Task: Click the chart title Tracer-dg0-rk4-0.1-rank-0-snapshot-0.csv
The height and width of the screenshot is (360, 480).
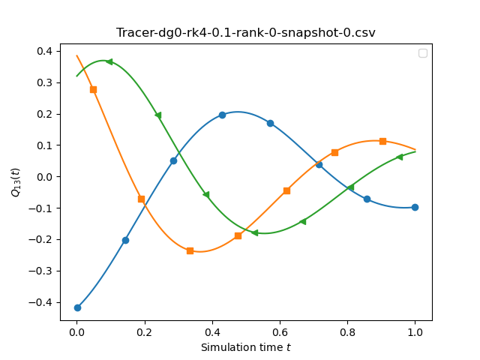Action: (245, 32)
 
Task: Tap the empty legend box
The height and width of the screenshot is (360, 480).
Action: (423, 53)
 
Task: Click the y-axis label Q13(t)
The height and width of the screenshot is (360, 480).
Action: (15, 182)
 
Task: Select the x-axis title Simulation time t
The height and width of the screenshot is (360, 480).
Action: (245, 347)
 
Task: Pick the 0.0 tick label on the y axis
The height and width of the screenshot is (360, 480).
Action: (44, 177)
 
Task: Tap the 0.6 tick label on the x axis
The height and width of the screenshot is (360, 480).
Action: (280, 332)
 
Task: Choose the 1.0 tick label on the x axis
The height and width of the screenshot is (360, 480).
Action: (415, 332)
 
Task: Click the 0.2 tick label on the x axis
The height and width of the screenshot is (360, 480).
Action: (145, 332)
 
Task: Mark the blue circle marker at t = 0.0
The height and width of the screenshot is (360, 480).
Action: (77, 307)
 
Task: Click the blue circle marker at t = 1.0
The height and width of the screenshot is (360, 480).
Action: (415, 207)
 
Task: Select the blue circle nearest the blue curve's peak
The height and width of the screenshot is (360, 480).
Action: (222, 115)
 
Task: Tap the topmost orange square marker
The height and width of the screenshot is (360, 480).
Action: (93, 90)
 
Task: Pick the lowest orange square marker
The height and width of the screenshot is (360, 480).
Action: (190, 250)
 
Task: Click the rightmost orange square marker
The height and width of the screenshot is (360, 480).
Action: (382, 141)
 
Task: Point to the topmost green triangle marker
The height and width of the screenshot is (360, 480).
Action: (109, 61)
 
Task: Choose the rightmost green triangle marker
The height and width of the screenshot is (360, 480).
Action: (399, 157)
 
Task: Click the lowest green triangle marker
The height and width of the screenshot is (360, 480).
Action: (254, 232)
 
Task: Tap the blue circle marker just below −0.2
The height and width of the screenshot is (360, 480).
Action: (125, 240)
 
